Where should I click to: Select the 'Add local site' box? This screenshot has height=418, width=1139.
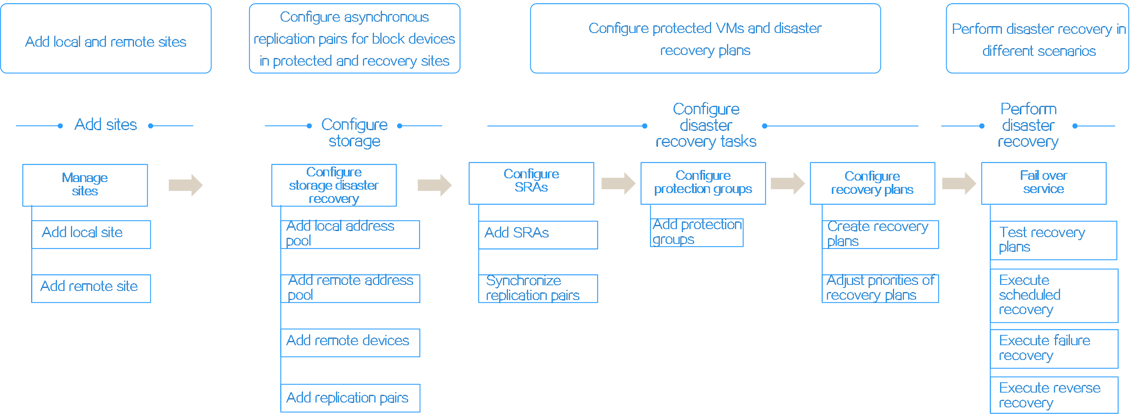click(x=91, y=235)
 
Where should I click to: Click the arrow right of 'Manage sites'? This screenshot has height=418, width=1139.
click(x=186, y=185)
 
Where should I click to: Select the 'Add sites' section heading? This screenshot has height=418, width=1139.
click(x=106, y=125)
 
